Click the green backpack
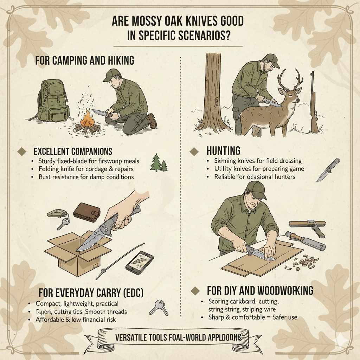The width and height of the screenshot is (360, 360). tap(52, 100)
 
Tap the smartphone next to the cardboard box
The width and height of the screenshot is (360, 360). tap(139, 262)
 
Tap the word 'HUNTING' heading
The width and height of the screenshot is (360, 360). tap(223, 151)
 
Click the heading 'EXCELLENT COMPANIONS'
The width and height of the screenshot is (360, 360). tap(73, 152)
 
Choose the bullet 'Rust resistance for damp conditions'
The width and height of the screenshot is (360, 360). tap(86, 177)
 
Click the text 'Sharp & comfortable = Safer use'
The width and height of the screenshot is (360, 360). tap(253, 317)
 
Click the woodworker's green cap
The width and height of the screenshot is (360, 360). tap(256, 189)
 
